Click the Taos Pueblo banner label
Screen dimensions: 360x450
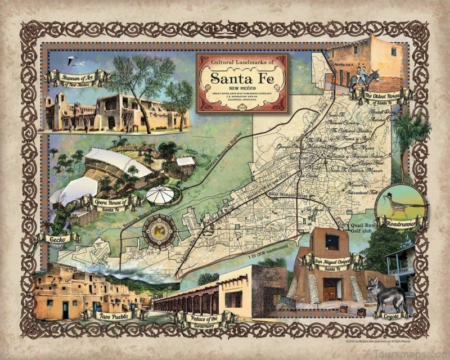pos(114,316)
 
